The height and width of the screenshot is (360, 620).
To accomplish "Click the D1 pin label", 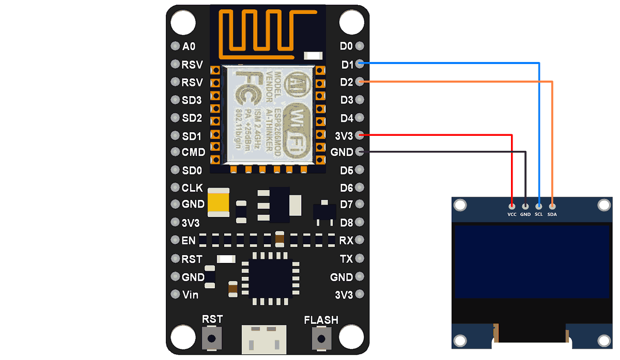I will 347,65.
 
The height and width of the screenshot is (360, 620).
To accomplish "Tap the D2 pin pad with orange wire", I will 360,82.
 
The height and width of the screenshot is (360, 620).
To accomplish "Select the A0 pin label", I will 189,46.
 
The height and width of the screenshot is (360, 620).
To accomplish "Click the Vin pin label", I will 190,295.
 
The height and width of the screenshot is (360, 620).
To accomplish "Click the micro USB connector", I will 263,339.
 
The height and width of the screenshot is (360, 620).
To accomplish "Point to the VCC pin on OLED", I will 512,206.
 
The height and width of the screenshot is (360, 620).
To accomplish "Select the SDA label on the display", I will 552,214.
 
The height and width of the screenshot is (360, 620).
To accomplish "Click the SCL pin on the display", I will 539,206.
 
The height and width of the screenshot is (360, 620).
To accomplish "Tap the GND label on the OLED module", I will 525,214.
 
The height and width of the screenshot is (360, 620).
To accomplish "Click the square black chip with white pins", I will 271,277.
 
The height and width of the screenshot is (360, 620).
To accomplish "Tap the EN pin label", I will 189,241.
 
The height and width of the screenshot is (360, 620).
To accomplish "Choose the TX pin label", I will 346,259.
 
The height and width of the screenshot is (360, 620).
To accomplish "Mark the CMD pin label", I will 193,152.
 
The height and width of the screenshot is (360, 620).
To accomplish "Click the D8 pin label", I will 347,223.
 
